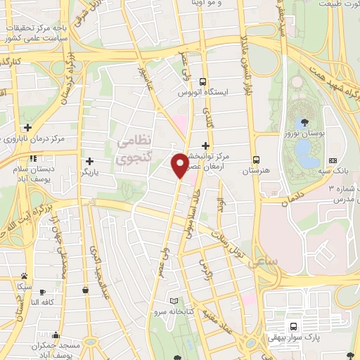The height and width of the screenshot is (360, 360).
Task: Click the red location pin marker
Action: point(180,165)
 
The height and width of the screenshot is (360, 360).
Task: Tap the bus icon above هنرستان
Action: point(257,159)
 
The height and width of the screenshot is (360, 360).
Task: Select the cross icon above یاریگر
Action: point(89,161)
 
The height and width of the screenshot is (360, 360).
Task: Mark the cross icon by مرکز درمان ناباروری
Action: point(27,127)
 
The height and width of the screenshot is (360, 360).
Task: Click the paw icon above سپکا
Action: point(25,276)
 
